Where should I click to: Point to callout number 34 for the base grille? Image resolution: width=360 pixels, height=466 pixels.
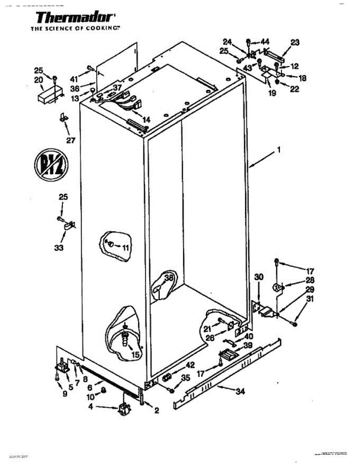240,392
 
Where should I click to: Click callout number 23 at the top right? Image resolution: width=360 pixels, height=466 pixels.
295,43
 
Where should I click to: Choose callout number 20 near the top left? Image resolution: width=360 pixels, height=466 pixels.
38,80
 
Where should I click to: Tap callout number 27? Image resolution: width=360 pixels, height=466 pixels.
70,141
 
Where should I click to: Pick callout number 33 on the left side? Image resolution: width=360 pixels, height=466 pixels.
59,247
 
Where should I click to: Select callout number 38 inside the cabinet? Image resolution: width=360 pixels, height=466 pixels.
168,278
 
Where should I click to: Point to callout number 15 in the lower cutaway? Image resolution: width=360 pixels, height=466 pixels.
136,354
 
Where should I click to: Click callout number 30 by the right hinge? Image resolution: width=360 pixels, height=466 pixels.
259,277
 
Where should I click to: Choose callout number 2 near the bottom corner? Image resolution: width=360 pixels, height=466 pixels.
157,410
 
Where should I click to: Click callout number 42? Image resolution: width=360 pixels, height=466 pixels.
190,365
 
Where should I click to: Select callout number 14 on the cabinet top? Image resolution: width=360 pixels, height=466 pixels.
146,120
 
